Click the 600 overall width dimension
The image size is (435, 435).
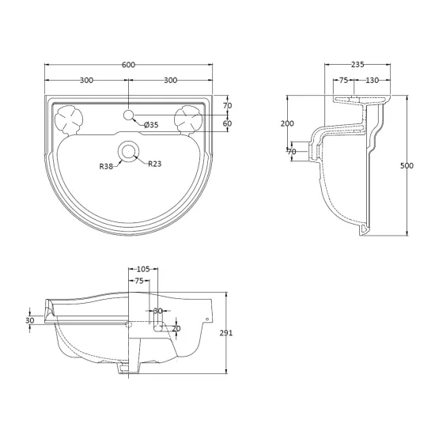[x=128, y=65]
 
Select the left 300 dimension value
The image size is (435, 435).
[x=86, y=80]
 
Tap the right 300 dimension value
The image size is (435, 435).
[x=170, y=80]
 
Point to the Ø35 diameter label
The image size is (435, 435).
[x=151, y=125]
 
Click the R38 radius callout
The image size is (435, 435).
[x=106, y=166]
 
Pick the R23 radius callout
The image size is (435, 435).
[x=154, y=164]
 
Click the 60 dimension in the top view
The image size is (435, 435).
[x=227, y=123]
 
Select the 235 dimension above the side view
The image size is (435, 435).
[x=357, y=65]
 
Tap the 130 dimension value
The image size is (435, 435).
[x=372, y=80]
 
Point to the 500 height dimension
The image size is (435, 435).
[x=407, y=165]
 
